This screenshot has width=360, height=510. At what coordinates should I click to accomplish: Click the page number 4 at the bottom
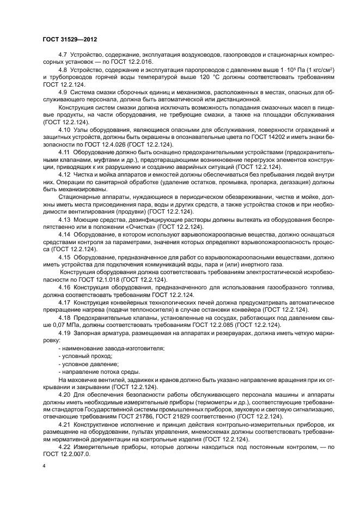pos(44,466)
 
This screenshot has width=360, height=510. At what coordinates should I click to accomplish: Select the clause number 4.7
pos(63,56)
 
